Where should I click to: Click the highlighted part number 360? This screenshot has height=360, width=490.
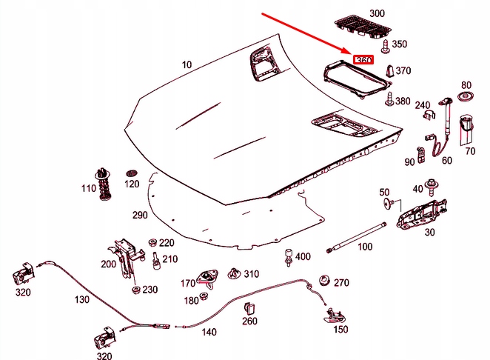pos(363,60)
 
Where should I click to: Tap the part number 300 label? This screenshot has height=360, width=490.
pos(377,14)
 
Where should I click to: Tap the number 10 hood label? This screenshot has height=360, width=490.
pos(187,64)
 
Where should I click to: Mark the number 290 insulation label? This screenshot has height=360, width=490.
pos(141,215)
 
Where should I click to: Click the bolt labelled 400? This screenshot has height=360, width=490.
pos(286,260)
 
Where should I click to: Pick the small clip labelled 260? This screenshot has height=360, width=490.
pos(249,307)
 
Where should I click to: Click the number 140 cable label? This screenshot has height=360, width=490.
pos(210,333)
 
